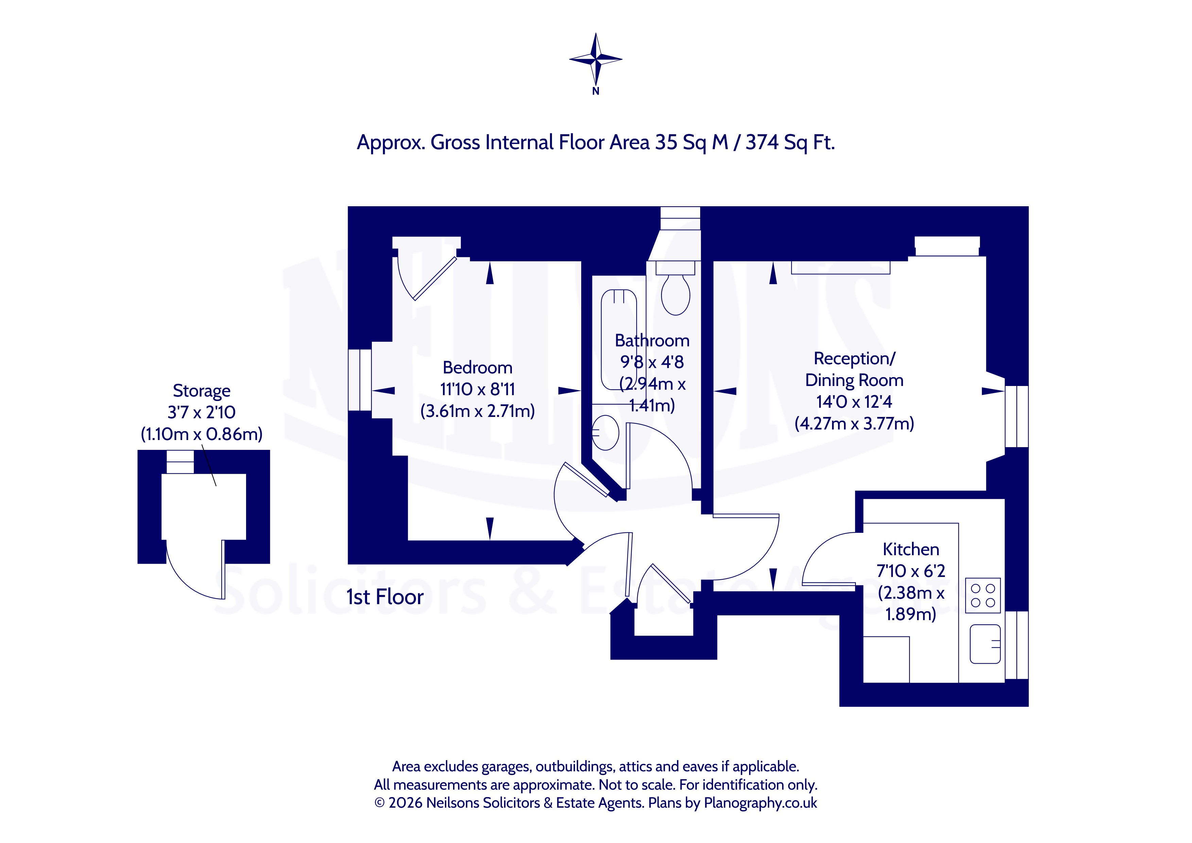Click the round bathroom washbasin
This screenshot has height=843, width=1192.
click(x=605, y=432)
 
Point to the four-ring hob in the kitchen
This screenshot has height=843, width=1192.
click(x=983, y=595)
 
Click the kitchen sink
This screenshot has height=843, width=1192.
click(x=985, y=644)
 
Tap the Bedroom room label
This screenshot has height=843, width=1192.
click(x=478, y=368)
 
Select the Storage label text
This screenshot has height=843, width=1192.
click(x=202, y=391)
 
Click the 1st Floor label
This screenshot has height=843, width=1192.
click(x=385, y=597)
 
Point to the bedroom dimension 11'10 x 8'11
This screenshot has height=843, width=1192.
click(x=478, y=389)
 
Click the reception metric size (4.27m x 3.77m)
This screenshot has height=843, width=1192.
click(x=854, y=424)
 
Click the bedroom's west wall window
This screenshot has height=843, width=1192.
click(x=359, y=380)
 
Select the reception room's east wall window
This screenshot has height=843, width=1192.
click(x=1017, y=416)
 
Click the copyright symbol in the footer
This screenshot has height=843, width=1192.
click(x=380, y=803)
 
